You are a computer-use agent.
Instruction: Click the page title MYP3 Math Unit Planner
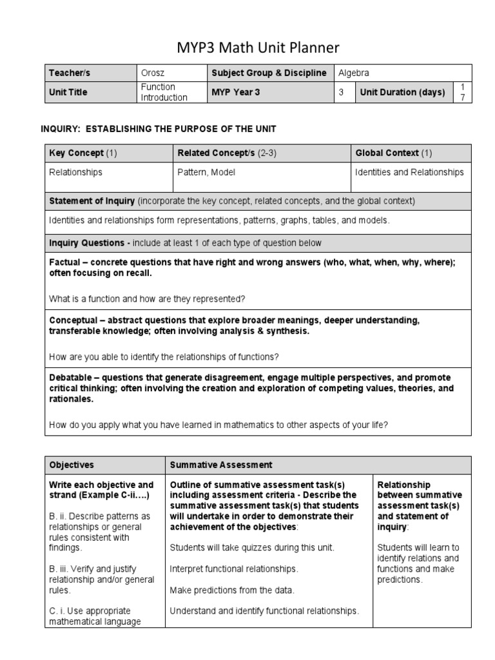click(247, 48)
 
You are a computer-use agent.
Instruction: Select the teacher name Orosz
click(152, 73)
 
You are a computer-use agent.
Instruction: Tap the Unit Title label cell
click(68, 92)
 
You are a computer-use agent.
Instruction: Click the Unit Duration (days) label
click(402, 92)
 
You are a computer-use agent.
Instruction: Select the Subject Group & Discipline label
click(269, 73)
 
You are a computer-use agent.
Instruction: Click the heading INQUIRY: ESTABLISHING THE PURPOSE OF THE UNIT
click(158, 130)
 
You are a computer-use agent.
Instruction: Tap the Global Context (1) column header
click(394, 153)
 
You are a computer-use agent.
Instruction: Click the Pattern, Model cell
click(206, 173)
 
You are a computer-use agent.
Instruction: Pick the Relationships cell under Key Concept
click(75, 173)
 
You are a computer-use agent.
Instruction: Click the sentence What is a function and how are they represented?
click(147, 298)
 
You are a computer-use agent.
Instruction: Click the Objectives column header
click(72, 465)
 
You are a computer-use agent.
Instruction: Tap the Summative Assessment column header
click(220, 465)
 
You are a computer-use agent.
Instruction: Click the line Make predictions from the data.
click(231, 590)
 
